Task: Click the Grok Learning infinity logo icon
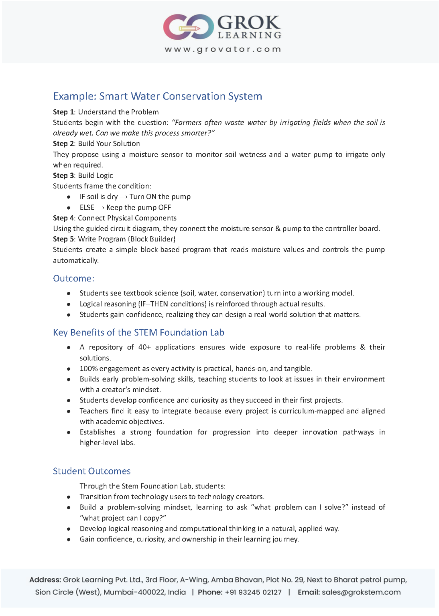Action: (x=189, y=27)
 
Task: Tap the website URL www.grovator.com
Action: (x=223, y=49)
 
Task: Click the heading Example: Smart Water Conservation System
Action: (x=157, y=96)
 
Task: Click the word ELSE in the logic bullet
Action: (x=87, y=207)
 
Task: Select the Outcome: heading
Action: (x=73, y=278)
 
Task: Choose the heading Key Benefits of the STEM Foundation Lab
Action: (x=138, y=332)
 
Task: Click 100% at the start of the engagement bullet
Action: (x=89, y=369)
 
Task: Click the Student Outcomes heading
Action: (x=92, y=471)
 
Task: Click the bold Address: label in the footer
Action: (x=45, y=580)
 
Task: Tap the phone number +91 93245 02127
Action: (x=253, y=592)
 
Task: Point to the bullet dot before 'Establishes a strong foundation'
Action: (x=69, y=432)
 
